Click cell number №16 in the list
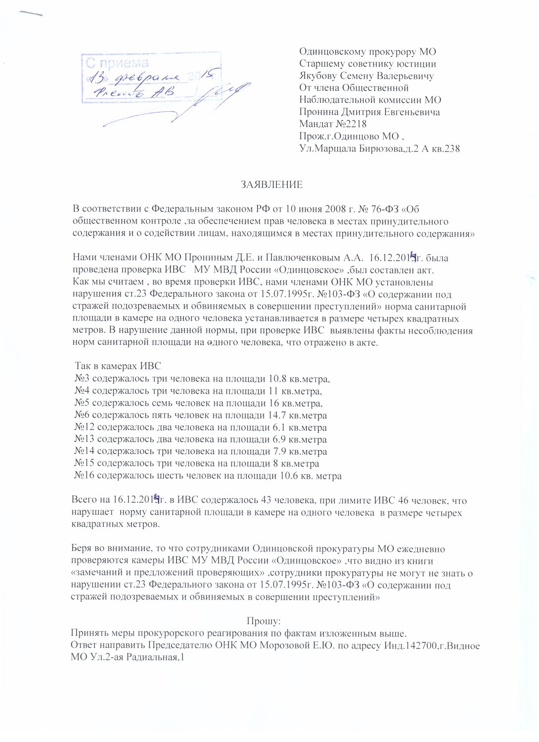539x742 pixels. point(84,476)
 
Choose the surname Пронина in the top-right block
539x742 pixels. point(318,112)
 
